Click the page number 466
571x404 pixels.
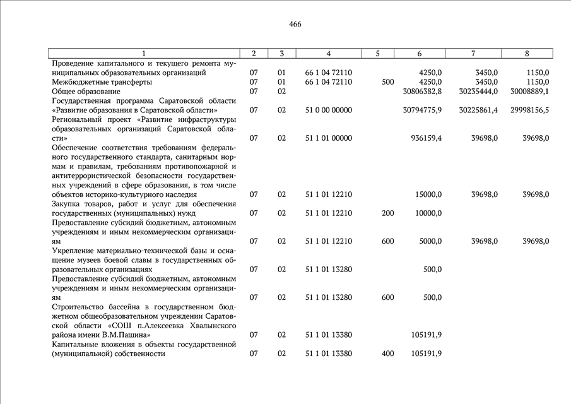295,25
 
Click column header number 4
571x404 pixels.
329,54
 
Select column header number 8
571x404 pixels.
527,54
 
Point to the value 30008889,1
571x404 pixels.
529,91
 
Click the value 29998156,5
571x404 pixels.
529,110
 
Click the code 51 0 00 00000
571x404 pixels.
328,110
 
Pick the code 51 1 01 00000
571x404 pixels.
328,138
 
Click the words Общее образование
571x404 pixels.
86,91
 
